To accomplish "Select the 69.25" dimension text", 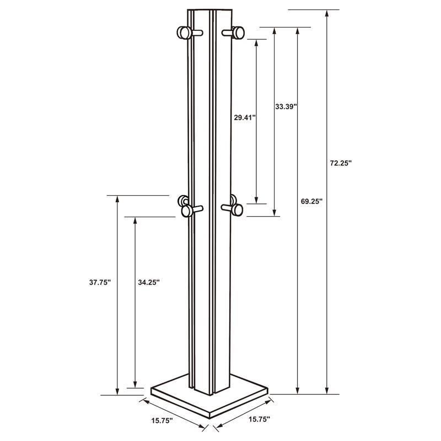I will (x=312, y=201).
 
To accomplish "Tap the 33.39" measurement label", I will (x=286, y=106).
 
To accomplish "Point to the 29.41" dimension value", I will (x=243, y=117).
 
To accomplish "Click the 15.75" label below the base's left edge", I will (x=162, y=421).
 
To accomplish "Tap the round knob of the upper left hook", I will (x=183, y=33).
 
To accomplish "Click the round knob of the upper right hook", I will (x=239, y=34).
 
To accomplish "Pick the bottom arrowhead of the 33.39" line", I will (x=274, y=212).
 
